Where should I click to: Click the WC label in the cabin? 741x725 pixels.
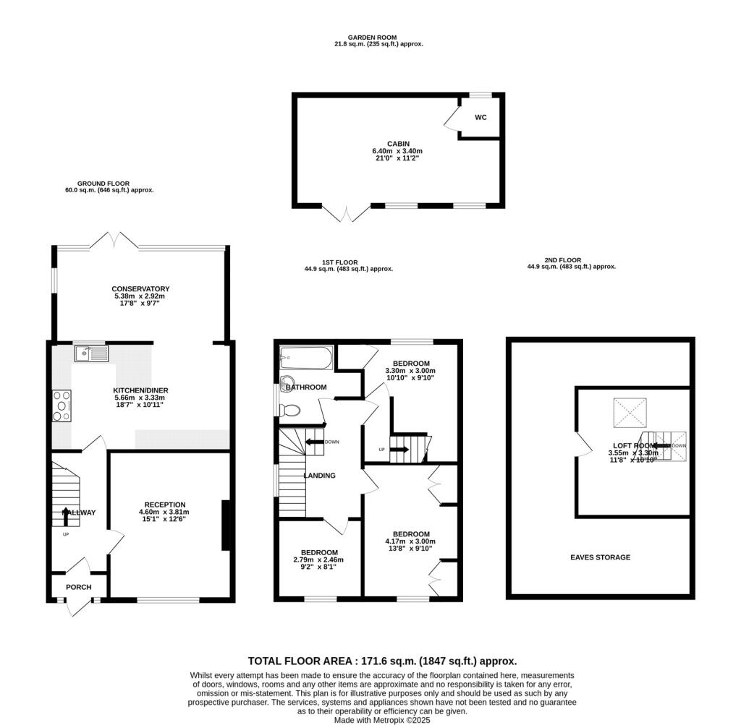(x=480, y=117)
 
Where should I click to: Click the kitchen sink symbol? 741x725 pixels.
(x=90, y=353)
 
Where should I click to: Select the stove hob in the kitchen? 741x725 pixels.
(x=62, y=406)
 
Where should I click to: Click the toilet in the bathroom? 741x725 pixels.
(x=290, y=411)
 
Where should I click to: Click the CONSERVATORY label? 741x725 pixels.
(x=140, y=289)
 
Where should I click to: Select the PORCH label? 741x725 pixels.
(x=78, y=587)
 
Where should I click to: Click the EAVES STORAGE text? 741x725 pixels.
(x=600, y=557)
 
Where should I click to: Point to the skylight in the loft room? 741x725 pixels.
(x=628, y=413)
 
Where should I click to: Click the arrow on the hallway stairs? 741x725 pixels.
(x=64, y=515)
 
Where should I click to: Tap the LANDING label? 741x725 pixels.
(x=319, y=476)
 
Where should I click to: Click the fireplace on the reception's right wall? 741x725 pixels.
(x=226, y=525)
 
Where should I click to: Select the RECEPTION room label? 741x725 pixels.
(x=165, y=505)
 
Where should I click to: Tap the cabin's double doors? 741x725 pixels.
(x=347, y=213)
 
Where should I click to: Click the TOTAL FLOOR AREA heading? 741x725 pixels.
(x=382, y=661)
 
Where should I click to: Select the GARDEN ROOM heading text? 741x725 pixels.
(x=372, y=38)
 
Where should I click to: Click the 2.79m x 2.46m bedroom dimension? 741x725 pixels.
(x=318, y=559)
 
